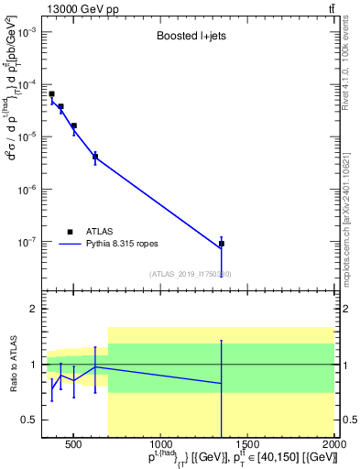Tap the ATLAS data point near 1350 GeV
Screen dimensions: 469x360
(222, 244)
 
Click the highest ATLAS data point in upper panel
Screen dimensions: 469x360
(51, 94)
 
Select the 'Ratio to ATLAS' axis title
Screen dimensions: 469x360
(12, 365)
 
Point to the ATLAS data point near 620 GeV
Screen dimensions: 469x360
(95, 157)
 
